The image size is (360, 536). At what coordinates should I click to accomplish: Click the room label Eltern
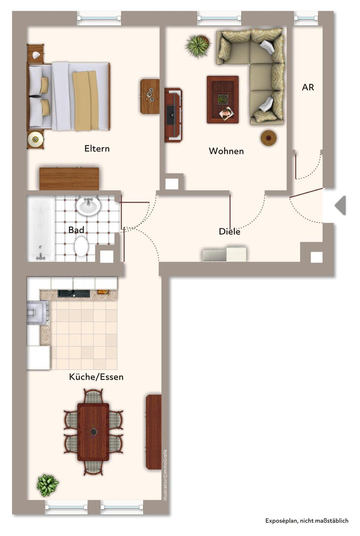point(97,149)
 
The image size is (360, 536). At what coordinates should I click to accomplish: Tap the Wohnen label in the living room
point(226,151)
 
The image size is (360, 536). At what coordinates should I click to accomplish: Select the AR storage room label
point(308,87)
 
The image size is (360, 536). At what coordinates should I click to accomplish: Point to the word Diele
point(230,232)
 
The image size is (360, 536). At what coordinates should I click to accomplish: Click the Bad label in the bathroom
point(76,230)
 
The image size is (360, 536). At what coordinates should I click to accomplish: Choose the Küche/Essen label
point(96,377)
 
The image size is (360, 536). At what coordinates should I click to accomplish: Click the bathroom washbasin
point(88,205)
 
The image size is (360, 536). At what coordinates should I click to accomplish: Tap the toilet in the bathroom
point(81,246)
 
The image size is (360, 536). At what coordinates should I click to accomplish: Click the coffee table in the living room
point(223,100)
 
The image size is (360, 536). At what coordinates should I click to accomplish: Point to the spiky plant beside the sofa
point(198,46)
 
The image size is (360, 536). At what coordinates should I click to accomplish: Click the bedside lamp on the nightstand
point(35,139)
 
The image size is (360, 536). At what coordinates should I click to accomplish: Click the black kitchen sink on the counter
point(74,293)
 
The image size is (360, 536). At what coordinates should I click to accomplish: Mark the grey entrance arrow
point(340,205)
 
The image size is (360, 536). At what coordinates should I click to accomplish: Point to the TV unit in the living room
point(173,115)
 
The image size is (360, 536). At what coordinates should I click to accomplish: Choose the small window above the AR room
point(306,18)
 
